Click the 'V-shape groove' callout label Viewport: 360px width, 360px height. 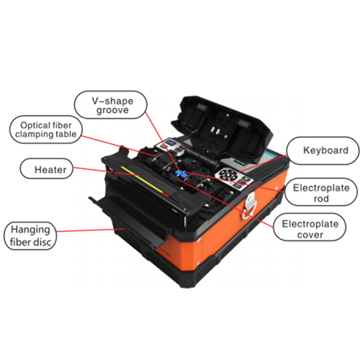(x=111, y=105)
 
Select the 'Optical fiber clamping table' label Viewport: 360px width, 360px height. (x=46, y=130)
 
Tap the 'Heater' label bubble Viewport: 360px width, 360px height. (x=46, y=168)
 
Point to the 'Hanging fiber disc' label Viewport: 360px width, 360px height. (x=30, y=235)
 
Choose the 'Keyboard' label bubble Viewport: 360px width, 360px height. (x=323, y=150)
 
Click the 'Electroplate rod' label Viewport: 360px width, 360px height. (x=321, y=192)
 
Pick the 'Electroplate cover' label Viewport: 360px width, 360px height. (x=310, y=227)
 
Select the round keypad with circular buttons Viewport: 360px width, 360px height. (x=227, y=176)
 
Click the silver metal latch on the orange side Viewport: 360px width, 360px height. (x=250, y=204)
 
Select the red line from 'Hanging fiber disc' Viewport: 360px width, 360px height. (x=90, y=230)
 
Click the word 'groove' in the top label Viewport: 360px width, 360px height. (x=112, y=111)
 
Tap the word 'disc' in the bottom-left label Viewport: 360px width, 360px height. (x=42, y=242)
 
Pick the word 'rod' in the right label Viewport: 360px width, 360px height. (x=321, y=199)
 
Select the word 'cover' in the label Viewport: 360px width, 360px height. (x=310, y=235)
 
